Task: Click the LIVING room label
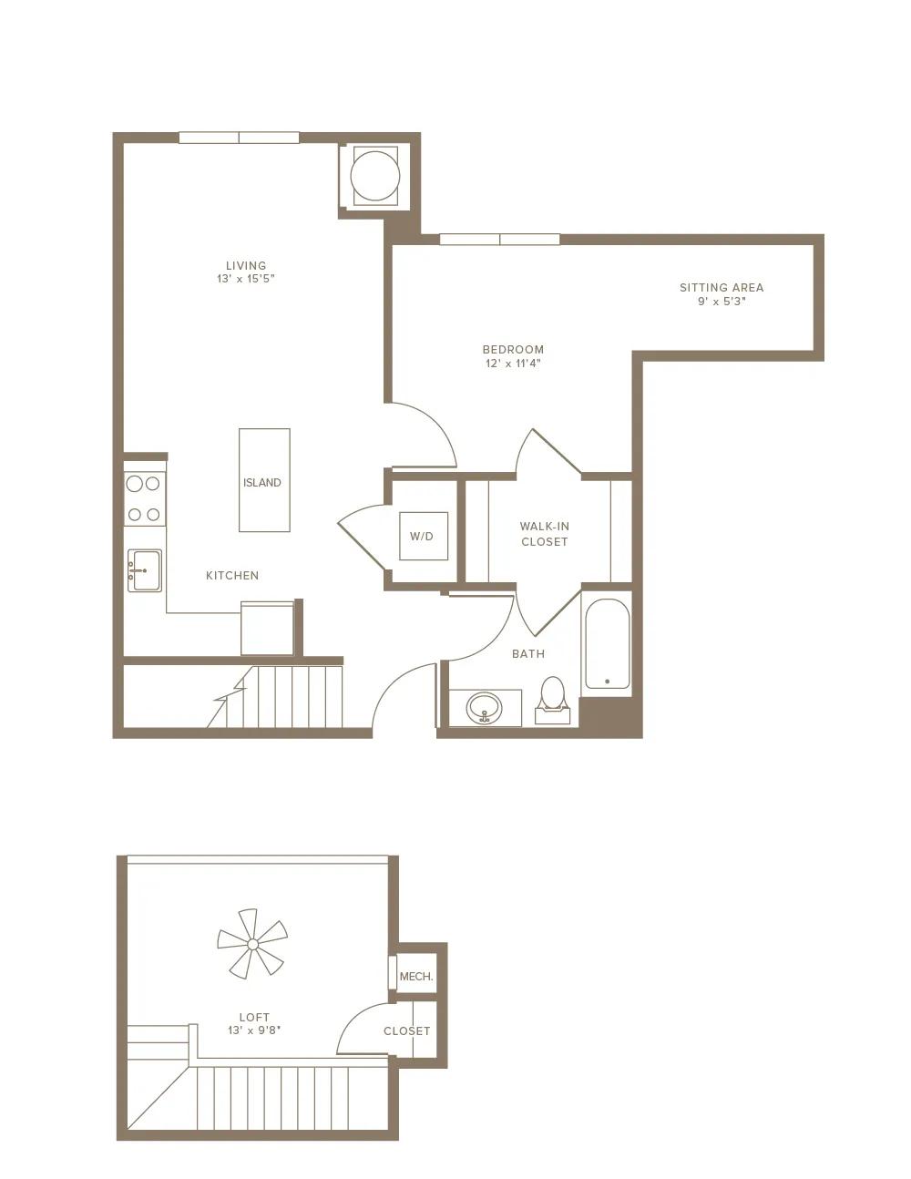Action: click(246, 265)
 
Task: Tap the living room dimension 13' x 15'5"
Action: click(246, 279)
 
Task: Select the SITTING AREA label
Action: click(722, 288)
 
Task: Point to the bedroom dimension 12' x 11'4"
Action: click(513, 364)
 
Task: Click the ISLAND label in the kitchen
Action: click(262, 482)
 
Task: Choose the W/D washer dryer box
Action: click(424, 536)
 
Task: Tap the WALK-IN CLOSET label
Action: click(545, 534)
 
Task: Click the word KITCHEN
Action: click(232, 576)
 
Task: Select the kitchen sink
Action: click(145, 570)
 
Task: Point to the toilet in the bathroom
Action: click(553, 701)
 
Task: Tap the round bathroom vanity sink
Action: click(485, 708)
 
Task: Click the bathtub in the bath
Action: click(608, 643)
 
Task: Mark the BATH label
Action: click(528, 654)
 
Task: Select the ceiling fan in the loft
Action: click(252, 945)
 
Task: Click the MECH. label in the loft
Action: click(416, 977)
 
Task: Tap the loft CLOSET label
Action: click(406, 1030)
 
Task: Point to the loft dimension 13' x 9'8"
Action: click(254, 1030)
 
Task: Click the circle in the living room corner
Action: click(375, 176)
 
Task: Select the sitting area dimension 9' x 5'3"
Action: click(722, 302)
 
